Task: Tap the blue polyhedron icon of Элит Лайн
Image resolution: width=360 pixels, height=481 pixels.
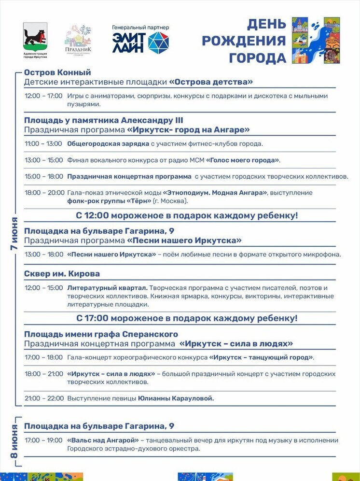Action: (x=159, y=42)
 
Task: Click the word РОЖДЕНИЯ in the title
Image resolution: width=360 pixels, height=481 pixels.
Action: (x=244, y=41)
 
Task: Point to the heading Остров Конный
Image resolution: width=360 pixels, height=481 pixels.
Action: (x=57, y=72)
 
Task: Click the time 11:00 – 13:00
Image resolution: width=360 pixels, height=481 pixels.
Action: (x=43, y=144)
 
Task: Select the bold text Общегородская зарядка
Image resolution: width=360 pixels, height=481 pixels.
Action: (x=101, y=144)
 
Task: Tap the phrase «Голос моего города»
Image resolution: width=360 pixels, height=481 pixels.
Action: (x=243, y=160)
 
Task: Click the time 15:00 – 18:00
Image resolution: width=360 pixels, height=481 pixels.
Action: (x=43, y=176)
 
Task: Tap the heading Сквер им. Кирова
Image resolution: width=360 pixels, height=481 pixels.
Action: (x=62, y=274)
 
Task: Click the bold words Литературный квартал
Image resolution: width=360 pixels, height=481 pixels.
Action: (x=108, y=288)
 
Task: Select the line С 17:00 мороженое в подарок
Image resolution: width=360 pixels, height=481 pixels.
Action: (x=186, y=318)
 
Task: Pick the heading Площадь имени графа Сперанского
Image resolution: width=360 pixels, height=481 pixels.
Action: (x=101, y=334)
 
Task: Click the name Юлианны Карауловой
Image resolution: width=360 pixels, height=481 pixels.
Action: (x=176, y=398)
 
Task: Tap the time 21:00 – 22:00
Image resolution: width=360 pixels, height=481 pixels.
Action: (x=44, y=398)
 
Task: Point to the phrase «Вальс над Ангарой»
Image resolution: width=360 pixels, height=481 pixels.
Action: (x=103, y=440)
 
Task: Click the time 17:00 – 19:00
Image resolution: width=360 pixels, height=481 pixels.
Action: (x=43, y=440)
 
